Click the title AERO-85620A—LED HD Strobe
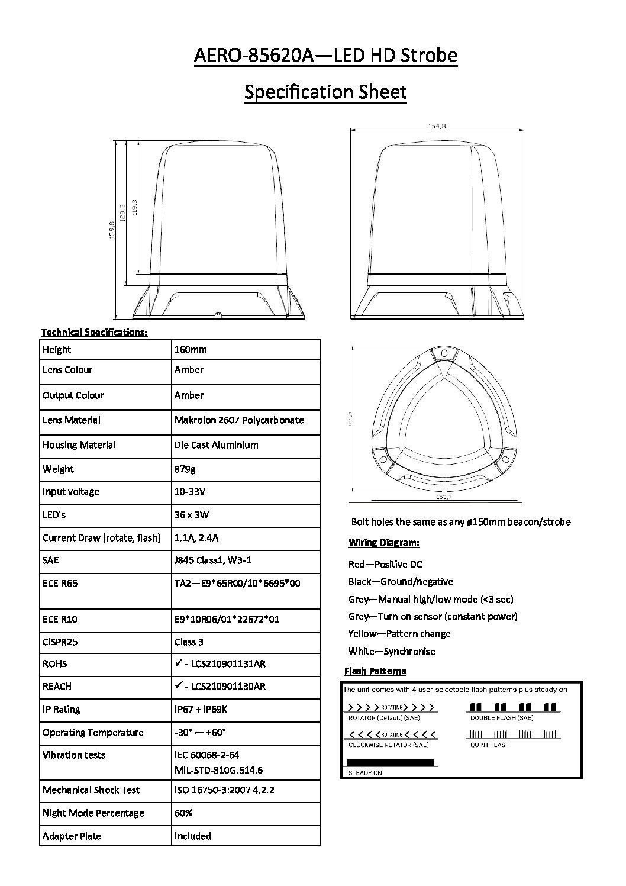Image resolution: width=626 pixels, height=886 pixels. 325,56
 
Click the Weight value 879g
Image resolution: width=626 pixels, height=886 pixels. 185,469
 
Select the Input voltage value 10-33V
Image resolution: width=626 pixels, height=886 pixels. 189,492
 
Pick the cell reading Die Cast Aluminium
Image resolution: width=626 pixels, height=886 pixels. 216,445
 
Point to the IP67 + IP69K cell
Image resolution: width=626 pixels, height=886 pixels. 201,710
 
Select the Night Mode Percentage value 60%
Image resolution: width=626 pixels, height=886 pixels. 183,813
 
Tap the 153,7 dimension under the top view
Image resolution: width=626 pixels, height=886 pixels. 444,497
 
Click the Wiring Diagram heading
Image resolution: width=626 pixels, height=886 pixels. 383,543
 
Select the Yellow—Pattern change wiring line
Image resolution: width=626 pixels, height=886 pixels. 399,634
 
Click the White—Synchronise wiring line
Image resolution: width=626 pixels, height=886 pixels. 392,652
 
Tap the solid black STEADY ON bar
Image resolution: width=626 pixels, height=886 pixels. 390,763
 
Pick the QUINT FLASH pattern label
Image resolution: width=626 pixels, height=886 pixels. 490,745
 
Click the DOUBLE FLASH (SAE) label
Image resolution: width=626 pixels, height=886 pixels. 502,718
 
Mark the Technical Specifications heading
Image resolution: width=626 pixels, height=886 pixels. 94,332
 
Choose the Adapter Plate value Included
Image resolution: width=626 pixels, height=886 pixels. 192,836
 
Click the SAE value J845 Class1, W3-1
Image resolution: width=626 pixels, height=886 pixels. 212,560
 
